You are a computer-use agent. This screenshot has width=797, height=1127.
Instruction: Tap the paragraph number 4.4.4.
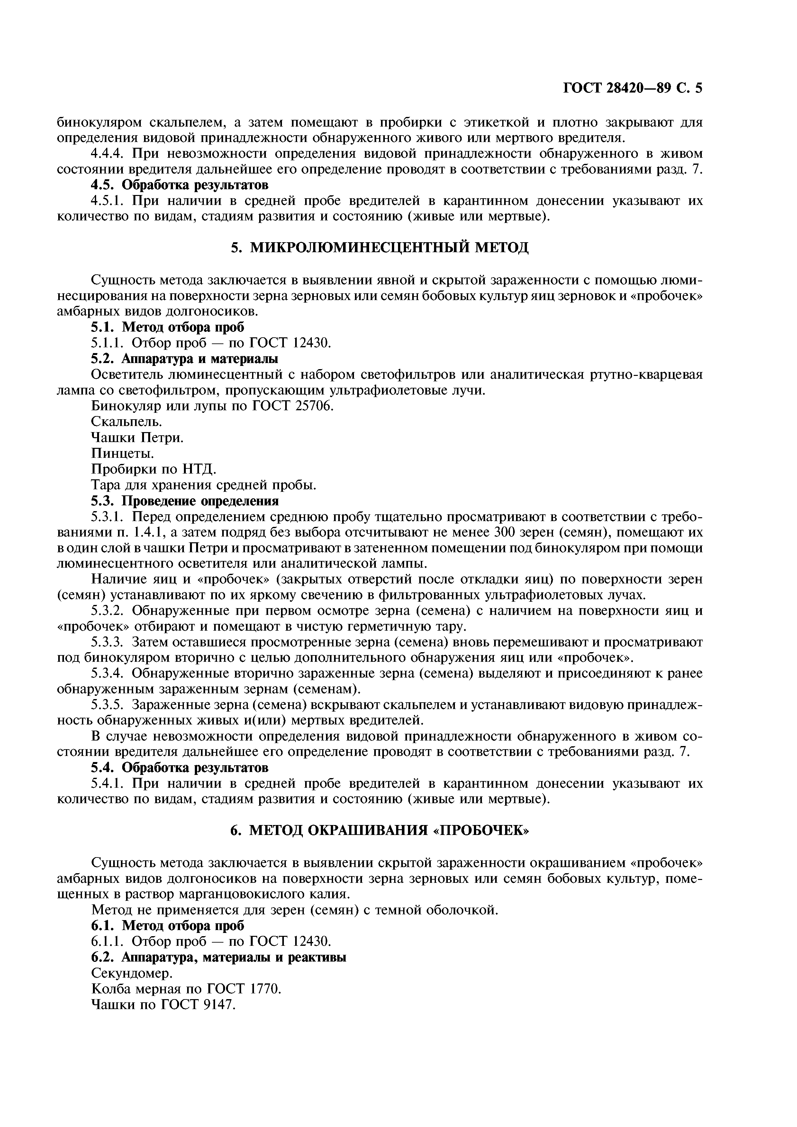pos(109,154)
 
